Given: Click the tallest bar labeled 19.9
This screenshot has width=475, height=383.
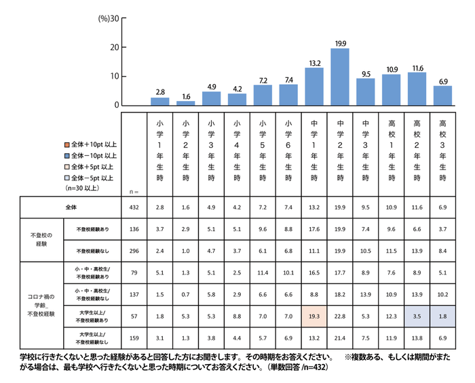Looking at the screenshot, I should [339, 77].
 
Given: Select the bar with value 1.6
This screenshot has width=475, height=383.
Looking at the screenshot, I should [185, 103].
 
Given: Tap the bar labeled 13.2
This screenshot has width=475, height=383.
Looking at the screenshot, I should [313, 86].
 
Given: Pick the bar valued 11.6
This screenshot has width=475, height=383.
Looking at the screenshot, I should [417, 89].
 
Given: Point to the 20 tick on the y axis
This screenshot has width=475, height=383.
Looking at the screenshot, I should [117, 47].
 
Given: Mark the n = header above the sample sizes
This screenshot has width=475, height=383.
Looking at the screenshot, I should [133, 192].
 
